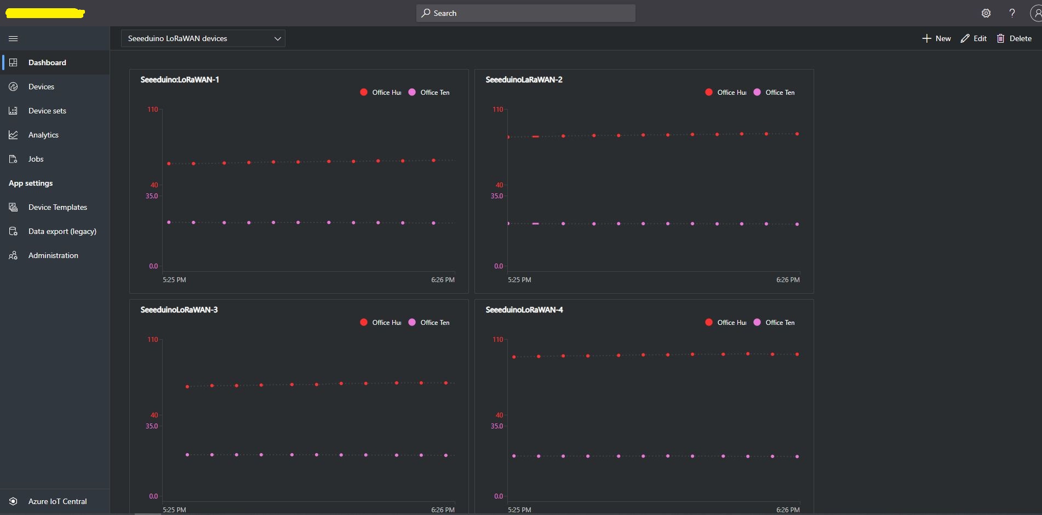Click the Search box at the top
pyautogui.click(x=525, y=13)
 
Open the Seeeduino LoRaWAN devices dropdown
pyautogui.click(x=203, y=38)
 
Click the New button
pyautogui.click(x=936, y=38)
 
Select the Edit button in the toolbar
pyautogui.click(x=974, y=38)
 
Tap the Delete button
pyautogui.click(x=1014, y=38)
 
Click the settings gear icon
pyautogui.click(x=986, y=13)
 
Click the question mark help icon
pyautogui.click(x=1012, y=13)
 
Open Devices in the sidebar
pyautogui.click(x=41, y=87)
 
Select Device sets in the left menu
pyautogui.click(x=47, y=111)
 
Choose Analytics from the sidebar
pyautogui.click(x=43, y=135)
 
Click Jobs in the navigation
pyautogui.click(x=36, y=159)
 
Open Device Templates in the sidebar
pyautogui.click(x=58, y=207)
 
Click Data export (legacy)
pyautogui.click(x=62, y=231)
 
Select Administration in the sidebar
pyautogui.click(x=53, y=255)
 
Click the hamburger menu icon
pyautogui.click(x=14, y=38)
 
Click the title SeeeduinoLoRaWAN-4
pyautogui.click(x=524, y=310)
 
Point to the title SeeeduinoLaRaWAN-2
pyautogui.click(x=524, y=79)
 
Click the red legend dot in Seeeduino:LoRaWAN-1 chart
pyautogui.click(x=364, y=92)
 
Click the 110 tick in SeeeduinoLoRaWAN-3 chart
pyautogui.click(x=153, y=340)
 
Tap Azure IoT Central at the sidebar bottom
pyautogui.click(x=57, y=501)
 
